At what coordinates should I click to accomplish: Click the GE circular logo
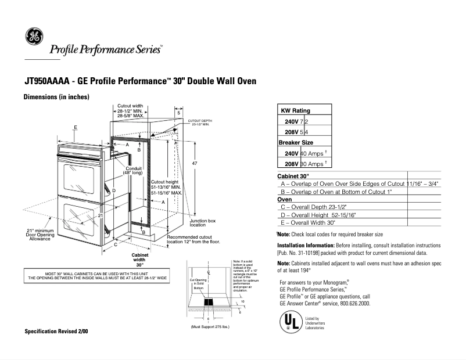[x=33, y=37]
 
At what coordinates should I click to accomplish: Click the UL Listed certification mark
[x=291, y=322]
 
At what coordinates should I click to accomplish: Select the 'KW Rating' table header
[x=295, y=110]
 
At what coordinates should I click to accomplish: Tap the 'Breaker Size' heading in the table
[x=296, y=142]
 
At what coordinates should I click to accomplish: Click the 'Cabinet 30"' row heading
[x=293, y=175]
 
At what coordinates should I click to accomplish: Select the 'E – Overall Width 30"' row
[x=308, y=222]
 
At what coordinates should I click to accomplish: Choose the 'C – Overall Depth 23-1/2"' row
[x=315, y=207]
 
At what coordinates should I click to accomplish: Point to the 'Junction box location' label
[x=203, y=223]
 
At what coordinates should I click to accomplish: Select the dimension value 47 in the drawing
[x=195, y=164]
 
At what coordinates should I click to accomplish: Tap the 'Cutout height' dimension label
[x=164, y=181]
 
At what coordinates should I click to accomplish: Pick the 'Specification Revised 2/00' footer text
[x=56, y=331]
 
